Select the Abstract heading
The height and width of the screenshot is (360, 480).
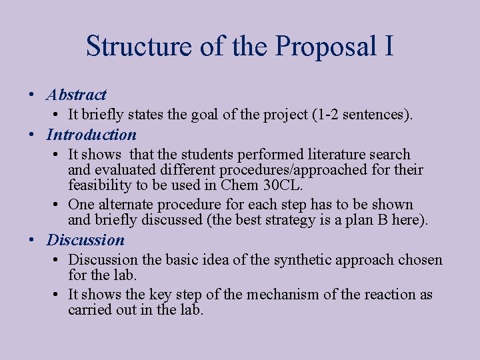coord(77,95)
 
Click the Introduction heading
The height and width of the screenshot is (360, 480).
coord(91,135)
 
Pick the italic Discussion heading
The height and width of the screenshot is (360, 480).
coord(85,240)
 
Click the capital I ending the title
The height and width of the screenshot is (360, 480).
coord(388,47)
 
